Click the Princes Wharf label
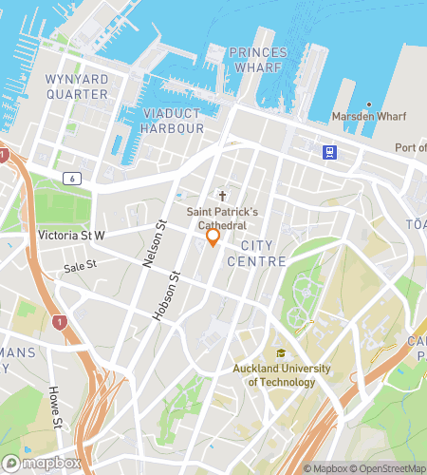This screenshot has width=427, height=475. click(258, 59)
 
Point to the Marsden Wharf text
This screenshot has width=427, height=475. click(369, 117)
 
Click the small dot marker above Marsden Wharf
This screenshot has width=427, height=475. click(369, 104)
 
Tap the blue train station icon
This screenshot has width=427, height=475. click(329, 151)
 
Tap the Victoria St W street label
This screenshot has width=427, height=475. click(72, 235)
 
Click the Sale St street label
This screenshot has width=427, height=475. click(80, 268)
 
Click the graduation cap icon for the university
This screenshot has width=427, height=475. click(281, 353)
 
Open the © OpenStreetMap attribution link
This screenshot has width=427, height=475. click(391, 468)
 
